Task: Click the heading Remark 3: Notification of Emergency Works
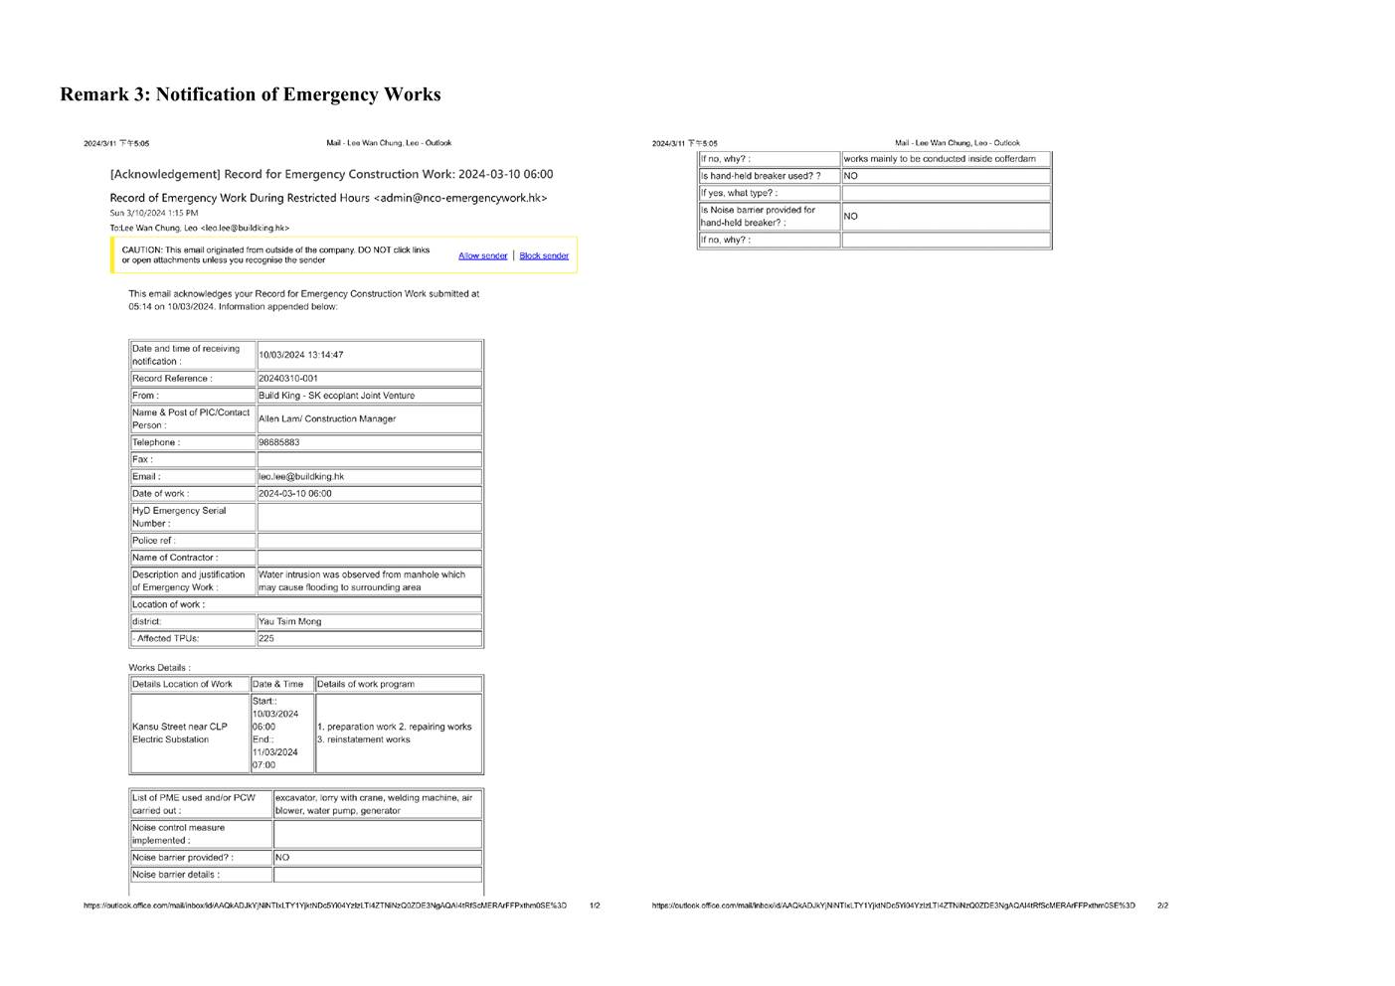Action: coord(250,94)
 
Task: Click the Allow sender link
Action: coord(482,255)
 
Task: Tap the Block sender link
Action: coord(544,255)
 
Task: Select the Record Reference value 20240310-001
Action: coord(288,379)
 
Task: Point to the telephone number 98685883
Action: coord(279,442)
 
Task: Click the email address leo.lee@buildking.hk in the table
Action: coord(301,476)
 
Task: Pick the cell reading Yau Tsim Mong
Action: coord(290,621)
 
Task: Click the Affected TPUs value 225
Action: coord(266,638)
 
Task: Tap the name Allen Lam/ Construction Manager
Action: coord(327,418)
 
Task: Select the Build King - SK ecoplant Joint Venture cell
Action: coord(336,396)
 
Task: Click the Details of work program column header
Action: coord(365,684)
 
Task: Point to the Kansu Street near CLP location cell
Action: coord(180,733)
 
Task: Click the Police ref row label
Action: coord(154,541)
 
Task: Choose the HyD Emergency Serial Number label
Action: coord(179,517)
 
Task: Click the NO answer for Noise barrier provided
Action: coord(282,857)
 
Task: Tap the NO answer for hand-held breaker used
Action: coord(851,176)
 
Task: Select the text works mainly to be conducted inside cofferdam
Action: coord(939,159)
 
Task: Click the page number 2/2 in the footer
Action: coord(1162,905)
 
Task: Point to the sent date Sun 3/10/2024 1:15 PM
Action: coord(154,213)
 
